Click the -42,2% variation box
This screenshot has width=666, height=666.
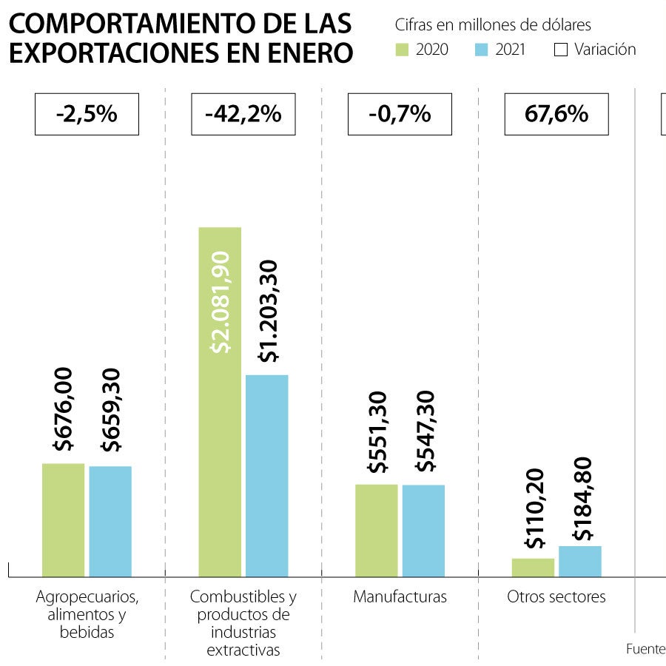[243, 114]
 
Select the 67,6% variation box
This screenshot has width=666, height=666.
[556, 114]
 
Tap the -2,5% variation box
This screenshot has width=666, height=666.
[87, 114]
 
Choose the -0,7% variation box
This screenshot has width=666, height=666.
[400, 114]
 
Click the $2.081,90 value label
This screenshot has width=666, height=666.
[221, 302]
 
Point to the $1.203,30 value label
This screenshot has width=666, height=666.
[268, 311]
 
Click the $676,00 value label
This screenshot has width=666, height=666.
[64, 408]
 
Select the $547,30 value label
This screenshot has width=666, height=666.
[425, 431]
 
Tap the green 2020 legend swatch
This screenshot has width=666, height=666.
[403, 50]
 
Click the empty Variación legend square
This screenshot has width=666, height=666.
[560, 50]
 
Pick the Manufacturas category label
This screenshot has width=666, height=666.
[400, 596]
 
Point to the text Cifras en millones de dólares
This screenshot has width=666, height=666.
[493, 25]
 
